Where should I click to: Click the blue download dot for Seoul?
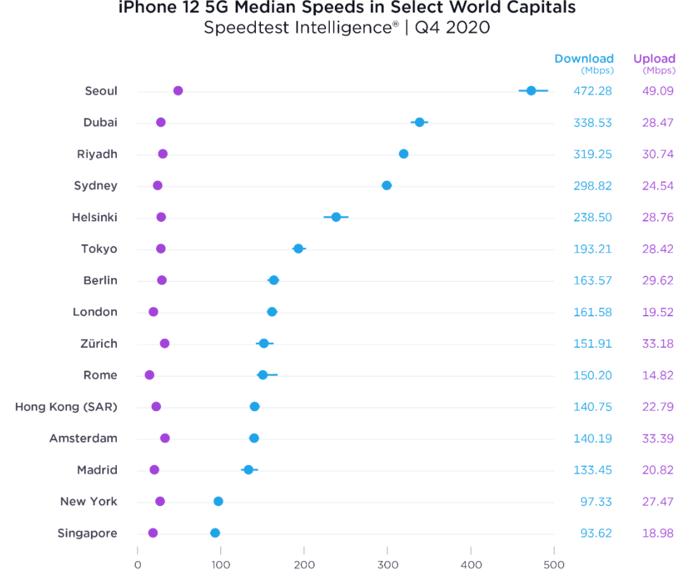(531, 90)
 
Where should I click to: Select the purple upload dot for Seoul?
(178, 90)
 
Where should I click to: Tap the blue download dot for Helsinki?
(336, 217)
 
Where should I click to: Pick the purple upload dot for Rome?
(150, 375)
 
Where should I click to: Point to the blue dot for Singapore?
(215, 533)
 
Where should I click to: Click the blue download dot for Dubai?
(420, 122)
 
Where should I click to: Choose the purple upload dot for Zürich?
(165, 343)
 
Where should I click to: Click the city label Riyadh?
(97, 154)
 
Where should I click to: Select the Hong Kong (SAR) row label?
(66, 407)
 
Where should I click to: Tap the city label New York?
(88, 502)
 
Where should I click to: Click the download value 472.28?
(593, 90)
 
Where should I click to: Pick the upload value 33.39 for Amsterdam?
(658, 438)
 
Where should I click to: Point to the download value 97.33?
(596, 502)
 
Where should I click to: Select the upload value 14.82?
(658, 375)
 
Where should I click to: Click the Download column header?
(584, 59)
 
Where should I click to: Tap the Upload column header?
(654, 59)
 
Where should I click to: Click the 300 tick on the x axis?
(387, 564)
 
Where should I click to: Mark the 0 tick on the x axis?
(138, 564)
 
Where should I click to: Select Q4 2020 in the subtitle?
(454, 28)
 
